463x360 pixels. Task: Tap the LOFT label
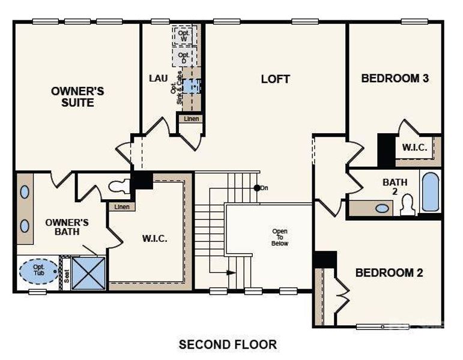(276, 79)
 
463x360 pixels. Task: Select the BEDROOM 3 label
(395, 78)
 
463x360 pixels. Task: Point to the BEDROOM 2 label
(389, 273)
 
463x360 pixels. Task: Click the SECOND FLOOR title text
(228, 344)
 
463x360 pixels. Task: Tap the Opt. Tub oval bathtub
(40, 271)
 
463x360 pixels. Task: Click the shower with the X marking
(88, 273)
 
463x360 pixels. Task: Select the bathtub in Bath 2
(429, 192)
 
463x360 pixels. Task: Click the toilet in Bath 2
(408, 205)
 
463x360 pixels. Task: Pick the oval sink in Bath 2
(382, 209)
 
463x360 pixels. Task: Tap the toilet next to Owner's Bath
(120, 185)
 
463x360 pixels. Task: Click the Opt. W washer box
(184, 35)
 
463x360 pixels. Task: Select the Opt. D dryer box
(184, 58)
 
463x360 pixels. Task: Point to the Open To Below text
(280, 237)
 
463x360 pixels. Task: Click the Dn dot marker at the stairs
(257, 188)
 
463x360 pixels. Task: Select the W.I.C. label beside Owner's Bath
(154, 238)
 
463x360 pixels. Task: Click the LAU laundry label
(158, 79)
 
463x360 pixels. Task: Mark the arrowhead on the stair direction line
(231, 272)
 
